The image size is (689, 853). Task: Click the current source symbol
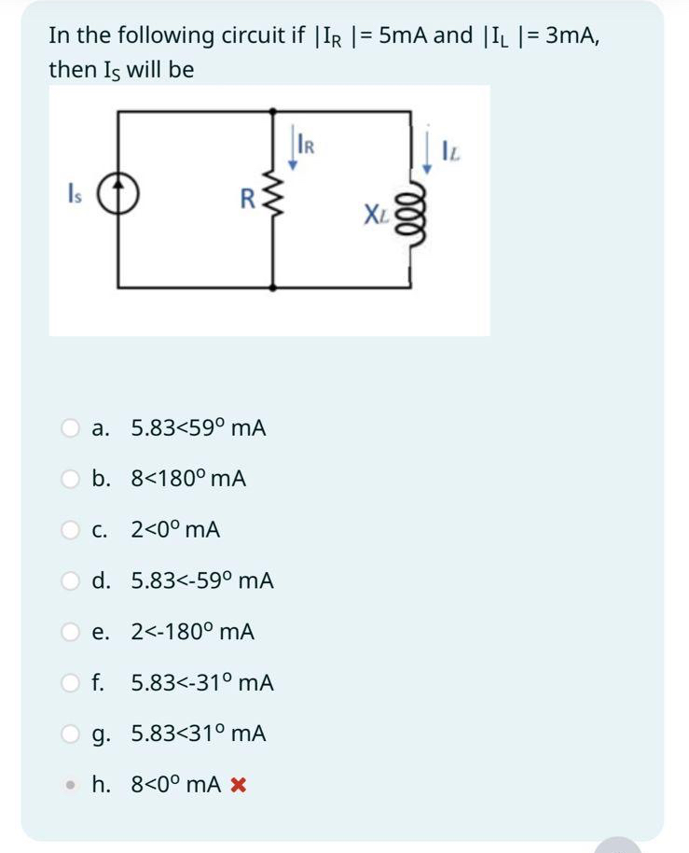(118, 197)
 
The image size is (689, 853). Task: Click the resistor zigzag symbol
(272, 197)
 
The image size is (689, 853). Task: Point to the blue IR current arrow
(292, 150)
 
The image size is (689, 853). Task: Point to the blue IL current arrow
(428, 153)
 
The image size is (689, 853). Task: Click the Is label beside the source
(75, 197)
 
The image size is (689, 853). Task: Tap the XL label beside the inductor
(376, 217)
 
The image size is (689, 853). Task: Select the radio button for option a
(71, 428)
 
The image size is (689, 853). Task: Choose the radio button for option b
(71, 480)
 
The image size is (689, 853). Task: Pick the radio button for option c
(71, 530)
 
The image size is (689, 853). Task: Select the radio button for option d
(71, 581)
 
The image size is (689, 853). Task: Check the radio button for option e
(71, 632)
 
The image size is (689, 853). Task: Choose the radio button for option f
(71, 683)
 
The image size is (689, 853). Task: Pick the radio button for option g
(71, 734)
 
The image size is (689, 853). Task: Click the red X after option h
(237, 786)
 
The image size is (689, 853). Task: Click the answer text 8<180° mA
(188, 480)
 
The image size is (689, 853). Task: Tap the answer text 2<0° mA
(175, 530)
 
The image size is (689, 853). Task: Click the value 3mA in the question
(570, 35)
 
